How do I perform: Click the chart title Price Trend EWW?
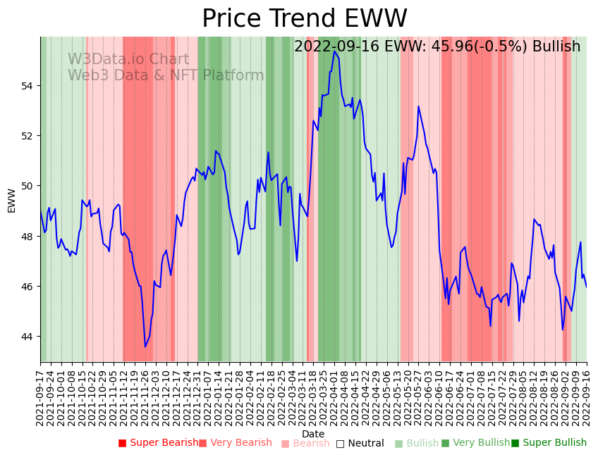tap(305, 19)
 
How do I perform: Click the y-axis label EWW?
tap(11, 200)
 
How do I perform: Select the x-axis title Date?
tap(313, 434)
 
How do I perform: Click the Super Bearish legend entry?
tap(159, 443)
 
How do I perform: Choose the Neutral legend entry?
tap(360, 443)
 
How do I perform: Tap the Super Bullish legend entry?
tap(549, 443)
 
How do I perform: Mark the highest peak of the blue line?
tap(335, 51)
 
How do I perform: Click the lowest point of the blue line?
tap(145, 347)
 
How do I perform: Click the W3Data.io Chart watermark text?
tap(128, 60)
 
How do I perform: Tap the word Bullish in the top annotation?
tap(556, 46)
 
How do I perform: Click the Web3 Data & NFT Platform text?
tap(166, 75)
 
